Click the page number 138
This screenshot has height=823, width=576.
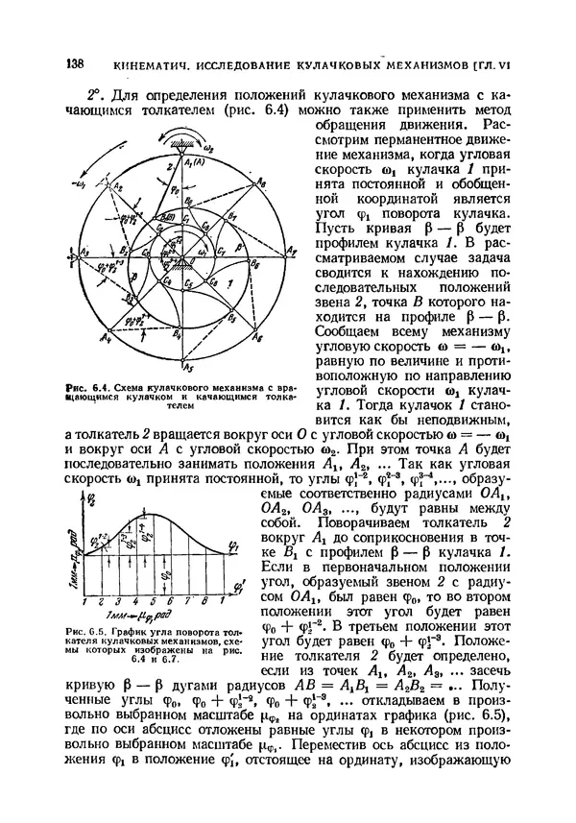click(x=74, y=63)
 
